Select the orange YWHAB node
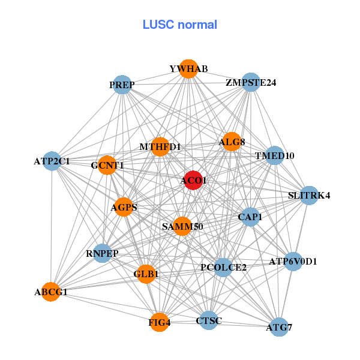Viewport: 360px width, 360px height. click(x=188, y=69)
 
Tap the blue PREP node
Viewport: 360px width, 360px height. click(x=122, y=85)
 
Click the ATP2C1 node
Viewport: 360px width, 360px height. click(x=52, y=161)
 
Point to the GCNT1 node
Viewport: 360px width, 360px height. click(x=107, y=165)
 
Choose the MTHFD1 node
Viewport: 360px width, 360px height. click(x=160, y=146)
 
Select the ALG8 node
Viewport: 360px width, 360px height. click(x=232, y=142)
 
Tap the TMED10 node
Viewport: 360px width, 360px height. click(x=274, y=156)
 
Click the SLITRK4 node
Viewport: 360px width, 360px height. click(x=308, y=195)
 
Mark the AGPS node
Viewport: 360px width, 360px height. click(x=124, y=208)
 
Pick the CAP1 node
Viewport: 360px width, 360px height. click(x=250, y=217)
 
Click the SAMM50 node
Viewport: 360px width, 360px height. click(x=182, y=226)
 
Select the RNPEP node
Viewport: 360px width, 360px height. click(x=103, y=253)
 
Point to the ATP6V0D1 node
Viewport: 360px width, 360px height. click(x=293, y=262)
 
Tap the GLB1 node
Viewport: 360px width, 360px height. click(x=146, y=274)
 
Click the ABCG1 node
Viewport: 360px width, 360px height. click(x=51, y=292)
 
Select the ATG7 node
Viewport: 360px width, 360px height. click(x=279, y=327)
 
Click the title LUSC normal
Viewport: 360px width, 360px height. click(x=179, y=25)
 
